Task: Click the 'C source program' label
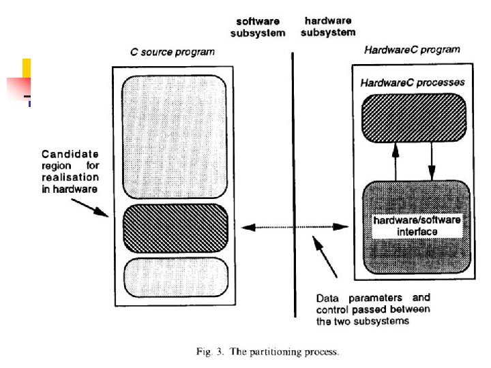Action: [x=172, y=52]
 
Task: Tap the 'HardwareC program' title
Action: [x=412, y=49]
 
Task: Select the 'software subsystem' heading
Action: [x=258, y=27]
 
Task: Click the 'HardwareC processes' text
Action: [x=413, y=82]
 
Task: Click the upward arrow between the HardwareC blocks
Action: [x=393, y=161]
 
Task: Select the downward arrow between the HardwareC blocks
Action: [x=431, y=161]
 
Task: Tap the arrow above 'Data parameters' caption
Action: [x=326, y=257]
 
